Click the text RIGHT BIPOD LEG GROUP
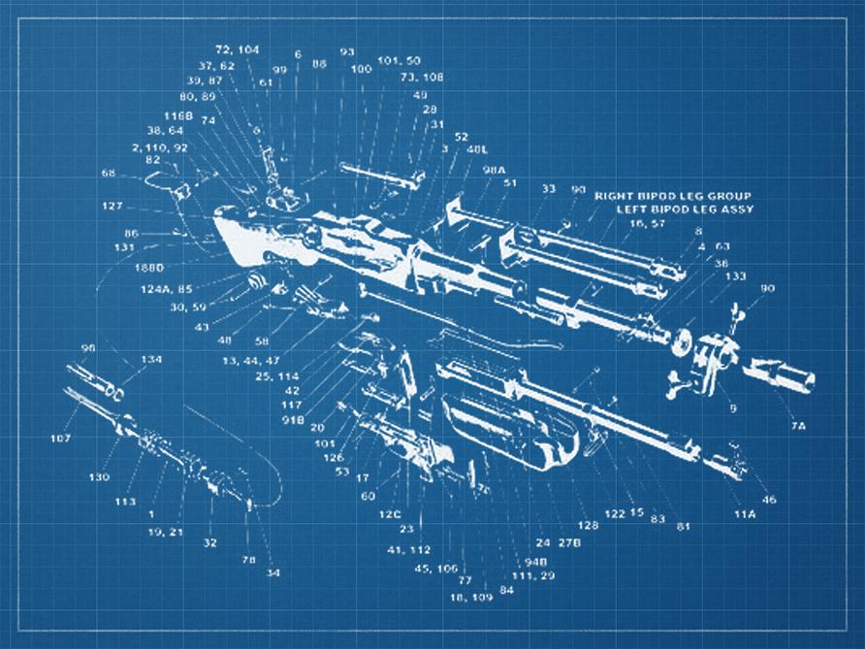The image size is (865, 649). [x=673, y=195]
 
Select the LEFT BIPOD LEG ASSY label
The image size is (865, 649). [x=685, y=210]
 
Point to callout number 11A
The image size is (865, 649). [x=744, y=512]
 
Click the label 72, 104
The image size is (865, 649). [x=237, y=49]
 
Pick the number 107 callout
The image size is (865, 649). [x=61, y=438]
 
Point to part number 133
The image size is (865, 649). [x=735, y=276]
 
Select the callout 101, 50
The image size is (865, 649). [x=399, y=60]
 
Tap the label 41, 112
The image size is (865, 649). [x=408, y=549]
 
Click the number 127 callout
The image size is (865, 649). [x=112, y=206]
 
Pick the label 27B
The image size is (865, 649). [x=569, y=543]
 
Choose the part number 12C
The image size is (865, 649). [x=390, y=514]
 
